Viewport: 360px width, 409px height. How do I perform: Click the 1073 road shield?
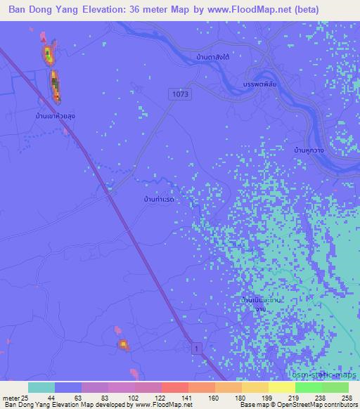[179, 92]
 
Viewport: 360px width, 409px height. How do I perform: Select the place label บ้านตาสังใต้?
[215, 56]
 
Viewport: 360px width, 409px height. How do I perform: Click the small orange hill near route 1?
[123, 344]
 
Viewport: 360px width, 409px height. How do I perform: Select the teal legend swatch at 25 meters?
[41, 387]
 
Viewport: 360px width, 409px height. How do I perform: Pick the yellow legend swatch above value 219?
[281, 387]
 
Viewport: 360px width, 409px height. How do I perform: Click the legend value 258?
[346, 398]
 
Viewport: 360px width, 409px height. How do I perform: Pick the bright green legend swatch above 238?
[308, 387]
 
